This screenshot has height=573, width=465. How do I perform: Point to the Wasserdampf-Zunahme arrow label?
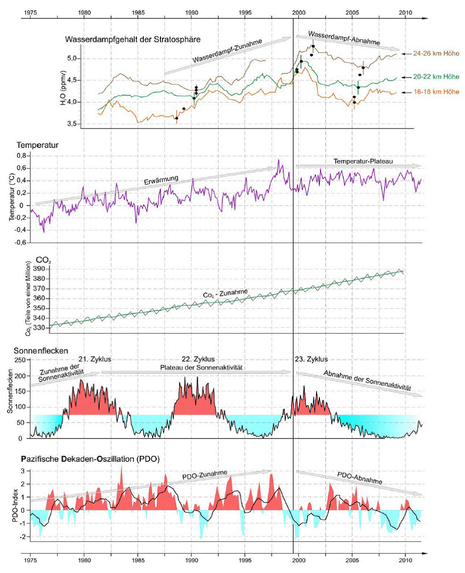225,50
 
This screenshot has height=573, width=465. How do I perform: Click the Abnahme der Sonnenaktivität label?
366,379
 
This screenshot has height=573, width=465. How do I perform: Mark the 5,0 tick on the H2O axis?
72,59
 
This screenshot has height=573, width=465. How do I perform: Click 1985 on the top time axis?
138,11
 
